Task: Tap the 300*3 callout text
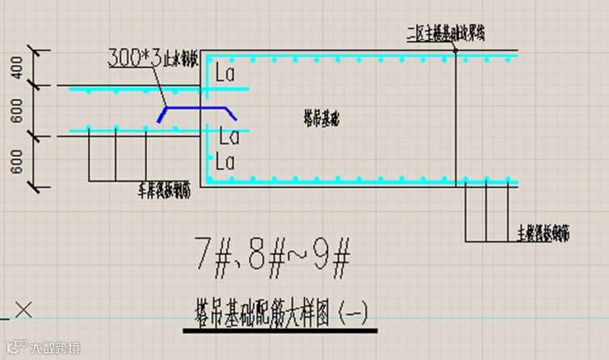click(x=134, y=59)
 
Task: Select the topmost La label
click(x=225, y=74)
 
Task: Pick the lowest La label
click(x=225, y=162)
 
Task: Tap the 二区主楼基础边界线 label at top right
click(x=447, y=33)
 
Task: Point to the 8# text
click(x=266, y=257)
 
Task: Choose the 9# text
click(x=331, y=257)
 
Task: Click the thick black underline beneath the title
click(x=279, y=329)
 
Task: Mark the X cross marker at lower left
click(x=24, y=308)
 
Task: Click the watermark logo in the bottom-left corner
click(x=15, y=348)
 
